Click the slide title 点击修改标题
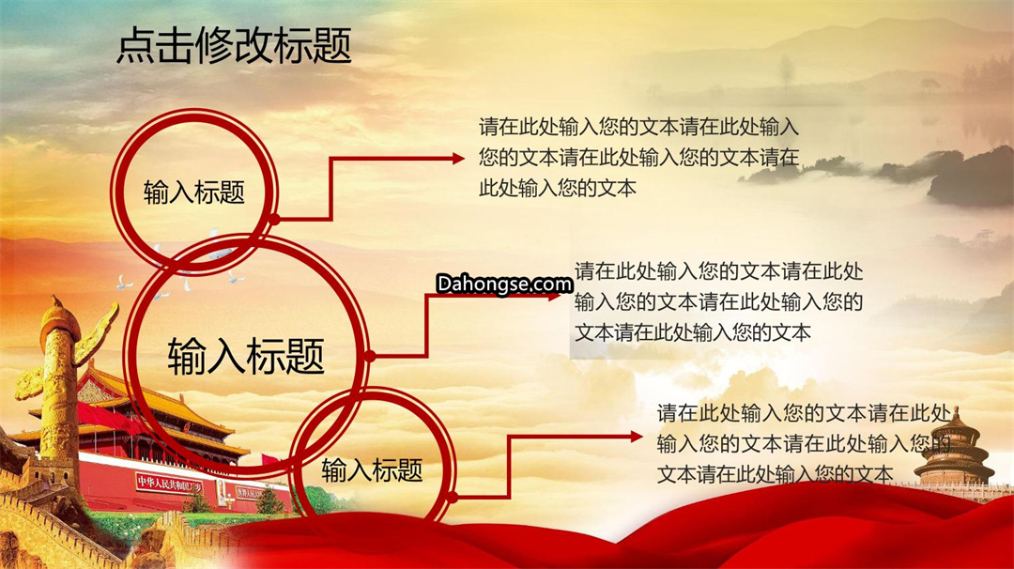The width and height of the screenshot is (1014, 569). (234, 46)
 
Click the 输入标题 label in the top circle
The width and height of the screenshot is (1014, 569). (194, 192)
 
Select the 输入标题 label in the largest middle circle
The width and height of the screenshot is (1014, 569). (246, 356)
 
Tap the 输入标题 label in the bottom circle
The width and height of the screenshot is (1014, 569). (372, 470)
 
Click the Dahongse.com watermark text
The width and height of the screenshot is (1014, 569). (504, 284)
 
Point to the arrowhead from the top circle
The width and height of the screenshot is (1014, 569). (458, 159)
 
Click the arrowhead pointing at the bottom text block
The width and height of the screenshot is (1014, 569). (637, 438)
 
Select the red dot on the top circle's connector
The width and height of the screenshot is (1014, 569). (274, 220)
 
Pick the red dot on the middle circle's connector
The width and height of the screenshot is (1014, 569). (370, 356)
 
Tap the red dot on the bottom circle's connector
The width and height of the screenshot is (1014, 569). (453, 498)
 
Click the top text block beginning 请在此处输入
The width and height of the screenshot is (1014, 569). (639, 157)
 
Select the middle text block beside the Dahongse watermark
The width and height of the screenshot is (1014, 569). (718, 302)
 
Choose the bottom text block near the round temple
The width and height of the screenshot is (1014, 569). (804, 444)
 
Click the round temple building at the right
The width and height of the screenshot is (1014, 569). (954, 450)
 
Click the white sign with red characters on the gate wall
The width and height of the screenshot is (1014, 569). (169, 483)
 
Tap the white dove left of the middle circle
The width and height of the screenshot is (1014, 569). (124, 283)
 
